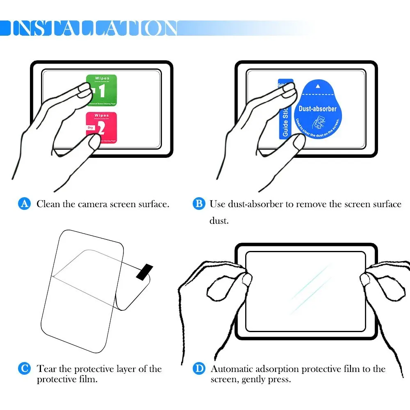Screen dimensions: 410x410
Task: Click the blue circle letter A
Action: (25, 204)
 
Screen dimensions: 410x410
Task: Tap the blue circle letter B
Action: (199, 204)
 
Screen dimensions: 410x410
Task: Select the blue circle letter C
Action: (25, 369)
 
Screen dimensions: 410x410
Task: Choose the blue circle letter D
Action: (199, 369)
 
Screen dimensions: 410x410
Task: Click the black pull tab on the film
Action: (145, 272)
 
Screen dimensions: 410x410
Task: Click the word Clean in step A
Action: (48, 204)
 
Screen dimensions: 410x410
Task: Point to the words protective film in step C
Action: (67, 379)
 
